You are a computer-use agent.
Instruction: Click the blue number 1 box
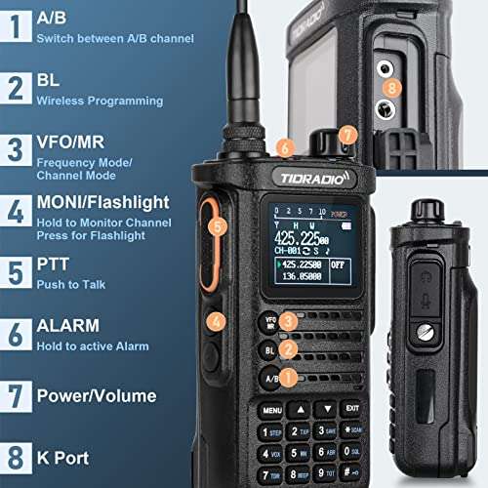point(16,26)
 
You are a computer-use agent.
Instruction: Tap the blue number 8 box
point(16,457)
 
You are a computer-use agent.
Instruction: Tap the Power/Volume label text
point(96,396)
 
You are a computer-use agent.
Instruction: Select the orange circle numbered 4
point(218,319)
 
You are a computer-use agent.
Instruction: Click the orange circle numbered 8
point(391,87)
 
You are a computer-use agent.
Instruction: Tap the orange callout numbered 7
point(348,135)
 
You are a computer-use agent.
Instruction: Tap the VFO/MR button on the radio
point(270,320)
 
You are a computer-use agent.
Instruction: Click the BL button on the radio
point(270,348)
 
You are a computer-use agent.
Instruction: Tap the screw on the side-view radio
point(424,332)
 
